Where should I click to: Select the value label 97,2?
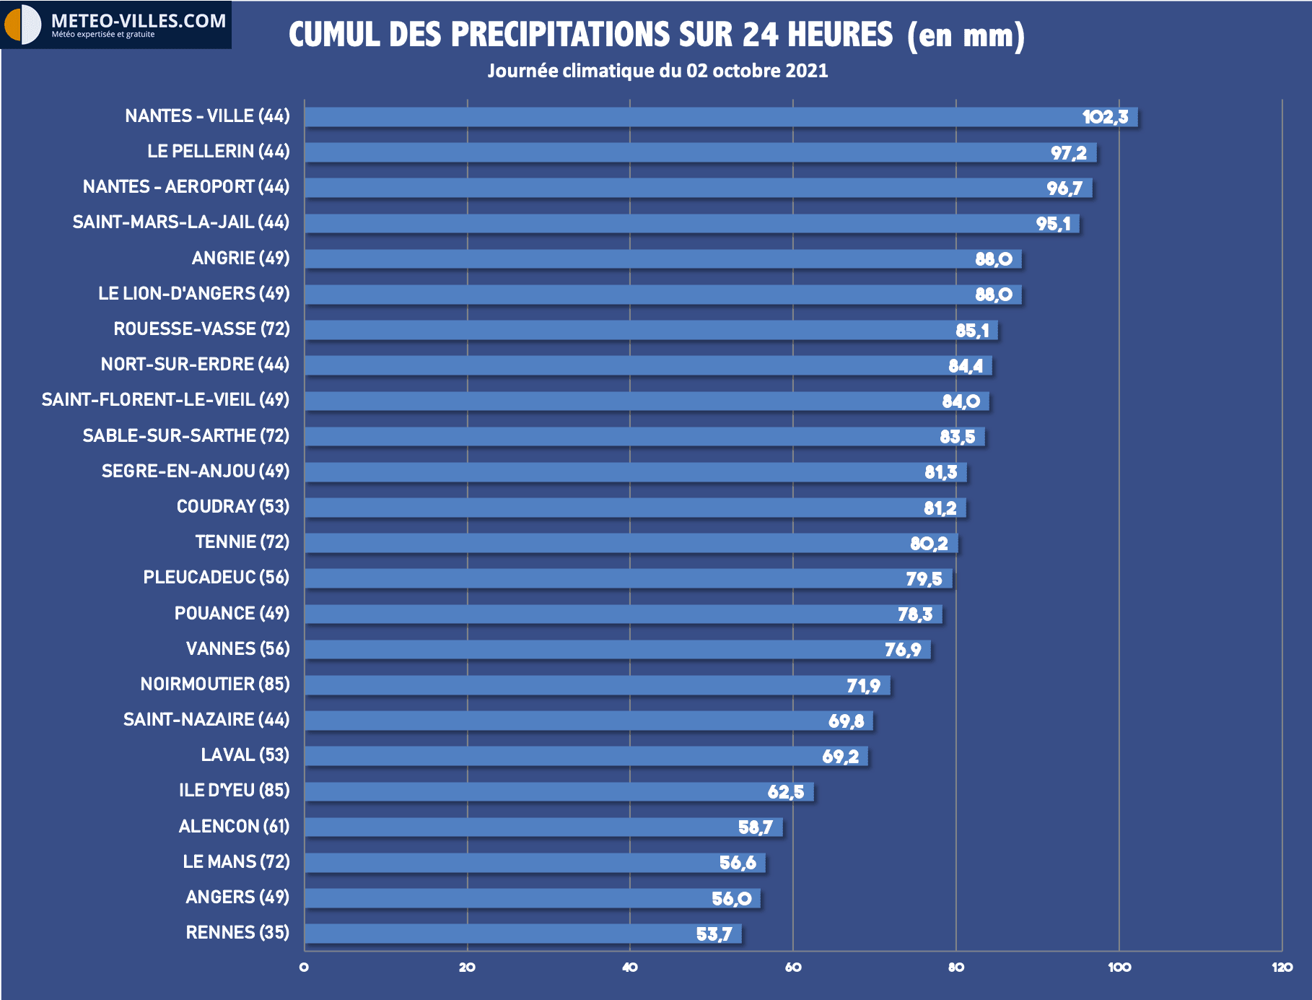(1068, 153)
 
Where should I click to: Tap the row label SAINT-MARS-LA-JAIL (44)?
(180, 222)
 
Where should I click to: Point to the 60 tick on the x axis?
(792, 968)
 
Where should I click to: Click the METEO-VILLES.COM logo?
(115, 25)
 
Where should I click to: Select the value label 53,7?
(714, 934)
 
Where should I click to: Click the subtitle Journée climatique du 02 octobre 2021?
(657, 71)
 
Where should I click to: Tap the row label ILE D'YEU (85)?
(234, 790)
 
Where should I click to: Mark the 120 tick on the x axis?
(1282, 968)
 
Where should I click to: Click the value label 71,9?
(863, 685)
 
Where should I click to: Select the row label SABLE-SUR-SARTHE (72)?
(185, 435)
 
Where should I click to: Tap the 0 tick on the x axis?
(304, 968)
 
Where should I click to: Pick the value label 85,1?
(971, 331)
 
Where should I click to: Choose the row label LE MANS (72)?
(236, 861)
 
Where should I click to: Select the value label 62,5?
(785, 792)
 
